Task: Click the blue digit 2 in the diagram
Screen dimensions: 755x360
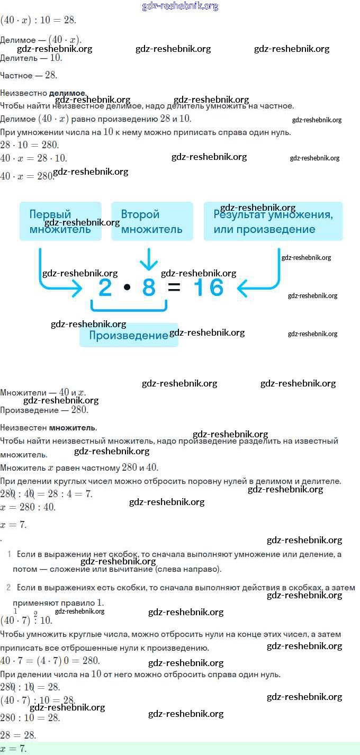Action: (106, 288)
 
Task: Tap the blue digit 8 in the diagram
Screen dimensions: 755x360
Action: (149, 288)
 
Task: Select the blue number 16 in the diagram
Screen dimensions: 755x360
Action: (209, 288)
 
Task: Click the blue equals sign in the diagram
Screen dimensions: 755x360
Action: (174, 288)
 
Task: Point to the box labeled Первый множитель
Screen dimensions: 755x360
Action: (60, 221)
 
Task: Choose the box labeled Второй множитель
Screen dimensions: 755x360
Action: (152, 221)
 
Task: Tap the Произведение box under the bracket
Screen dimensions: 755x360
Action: (129, 335)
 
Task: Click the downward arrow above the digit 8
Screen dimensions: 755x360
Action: (149, 259)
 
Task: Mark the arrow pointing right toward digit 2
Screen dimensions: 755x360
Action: (58, 281)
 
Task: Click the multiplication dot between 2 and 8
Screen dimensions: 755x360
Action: (127, 288)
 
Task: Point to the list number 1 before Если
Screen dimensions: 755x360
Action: (10, 554)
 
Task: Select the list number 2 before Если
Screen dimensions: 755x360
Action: (8, 588)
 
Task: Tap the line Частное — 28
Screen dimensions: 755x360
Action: (29, 76)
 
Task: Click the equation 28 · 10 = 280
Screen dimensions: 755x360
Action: (30, 145)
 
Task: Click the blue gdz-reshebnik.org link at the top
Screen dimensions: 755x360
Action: (180, 6)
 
